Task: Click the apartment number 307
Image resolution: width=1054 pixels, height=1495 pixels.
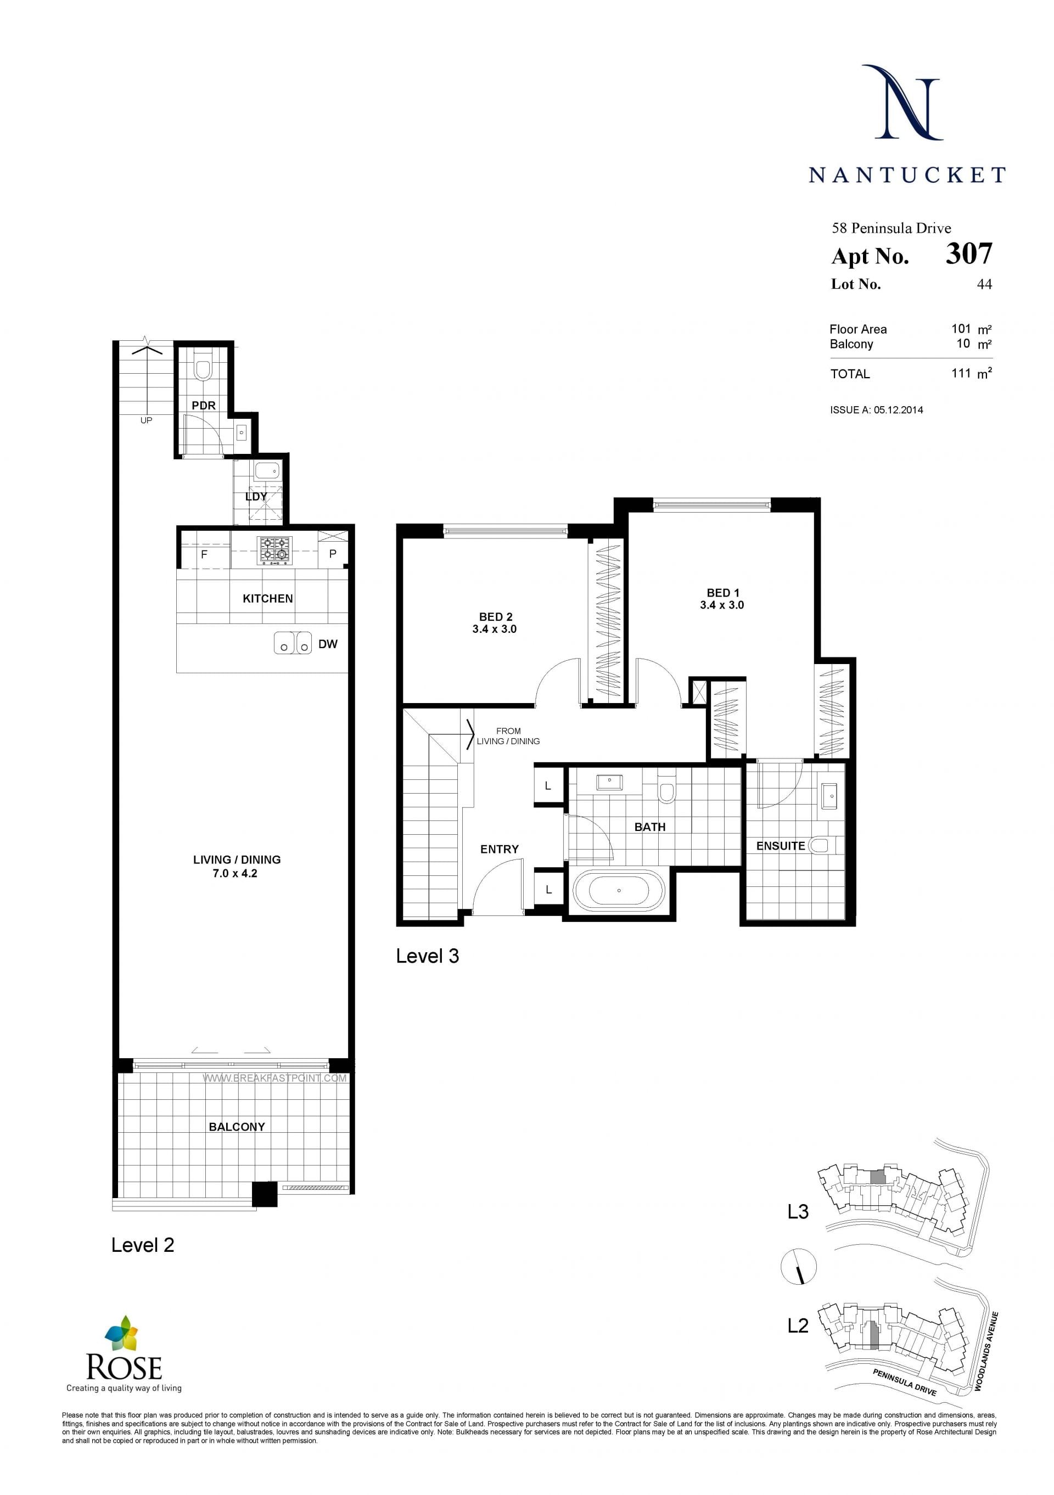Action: [x=969, y=254]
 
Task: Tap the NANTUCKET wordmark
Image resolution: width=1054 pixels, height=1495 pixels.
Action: [x=907, y=175]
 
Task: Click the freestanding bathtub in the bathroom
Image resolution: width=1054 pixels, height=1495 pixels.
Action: [x=619, y=890]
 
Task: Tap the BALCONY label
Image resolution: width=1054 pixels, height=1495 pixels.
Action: [x=237, y=1126]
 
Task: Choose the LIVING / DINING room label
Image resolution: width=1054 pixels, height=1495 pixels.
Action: [x=237, y=859]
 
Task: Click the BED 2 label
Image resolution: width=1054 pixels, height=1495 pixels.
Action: [x=496, y=617]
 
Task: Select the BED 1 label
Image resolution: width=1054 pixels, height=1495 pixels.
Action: [x=723, y=593]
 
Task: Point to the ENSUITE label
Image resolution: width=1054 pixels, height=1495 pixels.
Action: [x=781, y=846]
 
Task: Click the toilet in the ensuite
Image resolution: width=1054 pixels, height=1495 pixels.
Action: [x=817, y=845]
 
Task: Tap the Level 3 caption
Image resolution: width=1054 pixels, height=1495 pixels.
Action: [x=427, y=956]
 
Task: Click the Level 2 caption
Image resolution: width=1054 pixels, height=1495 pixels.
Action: [x=143, y=1245]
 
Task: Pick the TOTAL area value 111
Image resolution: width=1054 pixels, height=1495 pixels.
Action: [x=961, y=373]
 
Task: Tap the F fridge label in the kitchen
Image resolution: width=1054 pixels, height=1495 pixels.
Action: [x=204, y=555]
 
